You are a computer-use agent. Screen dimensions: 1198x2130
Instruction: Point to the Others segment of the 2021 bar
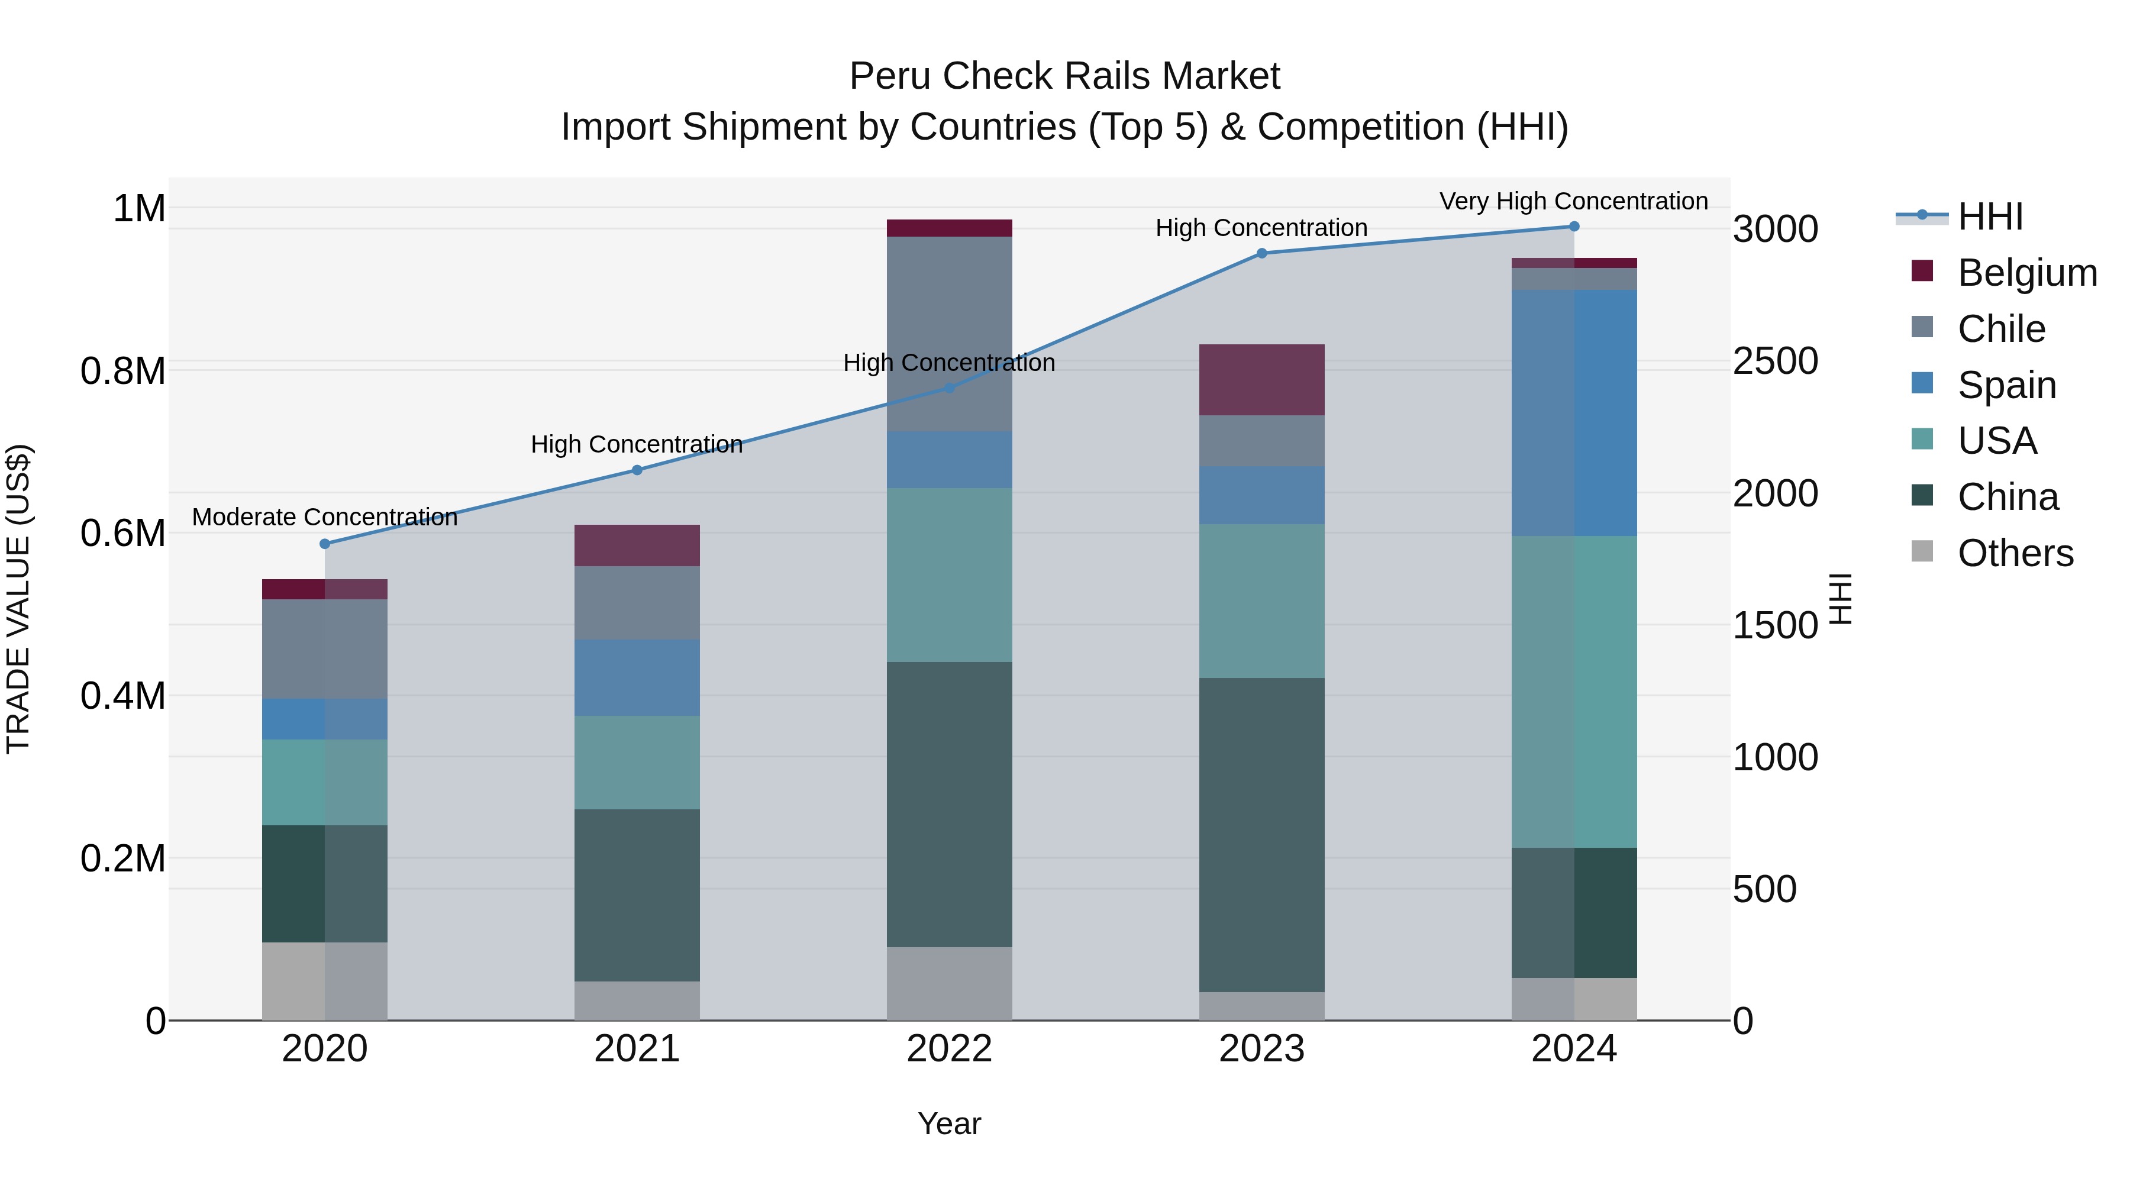click(637, 1000)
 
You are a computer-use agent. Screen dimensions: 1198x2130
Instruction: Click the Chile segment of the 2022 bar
click(949, 334)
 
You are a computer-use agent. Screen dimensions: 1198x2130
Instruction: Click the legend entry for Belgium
click(2026, 273)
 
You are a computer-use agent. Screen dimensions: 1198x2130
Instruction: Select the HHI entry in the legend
click(1989, 217)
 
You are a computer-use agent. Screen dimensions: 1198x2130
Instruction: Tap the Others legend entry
click(2014, 553)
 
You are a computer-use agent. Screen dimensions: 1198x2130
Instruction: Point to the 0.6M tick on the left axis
click(122, 533)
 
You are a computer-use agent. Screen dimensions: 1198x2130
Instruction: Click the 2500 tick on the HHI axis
click(1775, 361)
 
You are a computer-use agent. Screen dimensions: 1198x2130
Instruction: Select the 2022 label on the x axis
click(949, 1049)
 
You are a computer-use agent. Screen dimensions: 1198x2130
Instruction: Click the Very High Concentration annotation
click(1573, 201)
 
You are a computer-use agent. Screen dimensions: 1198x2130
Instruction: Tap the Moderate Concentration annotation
click(325, 516)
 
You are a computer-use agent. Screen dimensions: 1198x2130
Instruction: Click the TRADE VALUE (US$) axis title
click(18, 599)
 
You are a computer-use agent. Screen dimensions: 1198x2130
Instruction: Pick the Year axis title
click(949, 1123)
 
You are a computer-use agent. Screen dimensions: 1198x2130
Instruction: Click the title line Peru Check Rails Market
click(1064, 76)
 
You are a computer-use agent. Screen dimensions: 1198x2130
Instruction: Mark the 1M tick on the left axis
click(139, 208)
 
